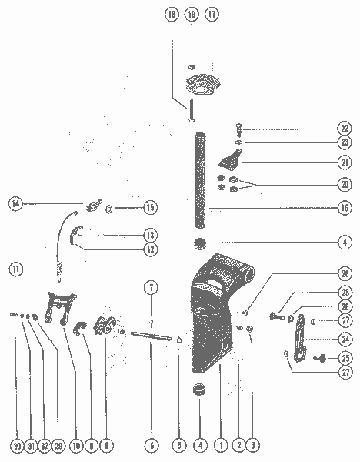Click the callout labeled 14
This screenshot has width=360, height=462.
coord(16,204)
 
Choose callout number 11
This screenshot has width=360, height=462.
coord(16,269)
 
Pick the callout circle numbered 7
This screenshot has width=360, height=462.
coord(152,288)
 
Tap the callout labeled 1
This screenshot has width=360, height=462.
coord(220,445)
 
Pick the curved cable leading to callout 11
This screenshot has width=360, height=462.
coord(64,239)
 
